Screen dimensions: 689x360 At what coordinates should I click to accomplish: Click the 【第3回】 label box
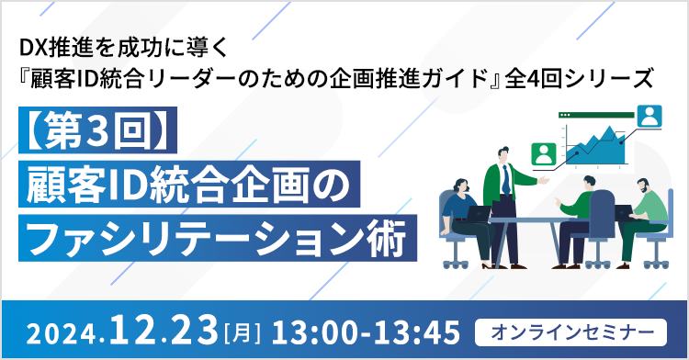[97, 130]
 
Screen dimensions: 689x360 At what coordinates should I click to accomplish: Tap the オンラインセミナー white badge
[570, 332]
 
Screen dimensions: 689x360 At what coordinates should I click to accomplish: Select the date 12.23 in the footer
[163, 330]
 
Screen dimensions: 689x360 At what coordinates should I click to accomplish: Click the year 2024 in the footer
[61, 334]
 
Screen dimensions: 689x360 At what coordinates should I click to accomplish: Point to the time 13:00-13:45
[366, 332]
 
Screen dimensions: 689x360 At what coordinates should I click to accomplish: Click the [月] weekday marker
[243, 333]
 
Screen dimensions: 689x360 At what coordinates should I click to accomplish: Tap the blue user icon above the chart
[649, 117]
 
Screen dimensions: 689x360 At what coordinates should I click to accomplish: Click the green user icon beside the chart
[544, 154]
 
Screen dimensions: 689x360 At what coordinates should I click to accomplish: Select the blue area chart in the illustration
[595, 146]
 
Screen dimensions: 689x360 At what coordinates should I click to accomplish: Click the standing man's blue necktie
[506, 181]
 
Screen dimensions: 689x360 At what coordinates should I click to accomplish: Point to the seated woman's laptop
[478, 214]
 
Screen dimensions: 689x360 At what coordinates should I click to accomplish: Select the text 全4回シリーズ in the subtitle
[580, 79]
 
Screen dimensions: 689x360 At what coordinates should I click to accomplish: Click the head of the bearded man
[643, 186]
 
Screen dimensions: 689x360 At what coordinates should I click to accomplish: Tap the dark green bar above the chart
[596, 115]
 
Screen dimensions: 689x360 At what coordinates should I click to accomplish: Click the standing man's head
[503, 154]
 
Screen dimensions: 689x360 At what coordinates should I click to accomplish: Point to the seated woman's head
[460, 187]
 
